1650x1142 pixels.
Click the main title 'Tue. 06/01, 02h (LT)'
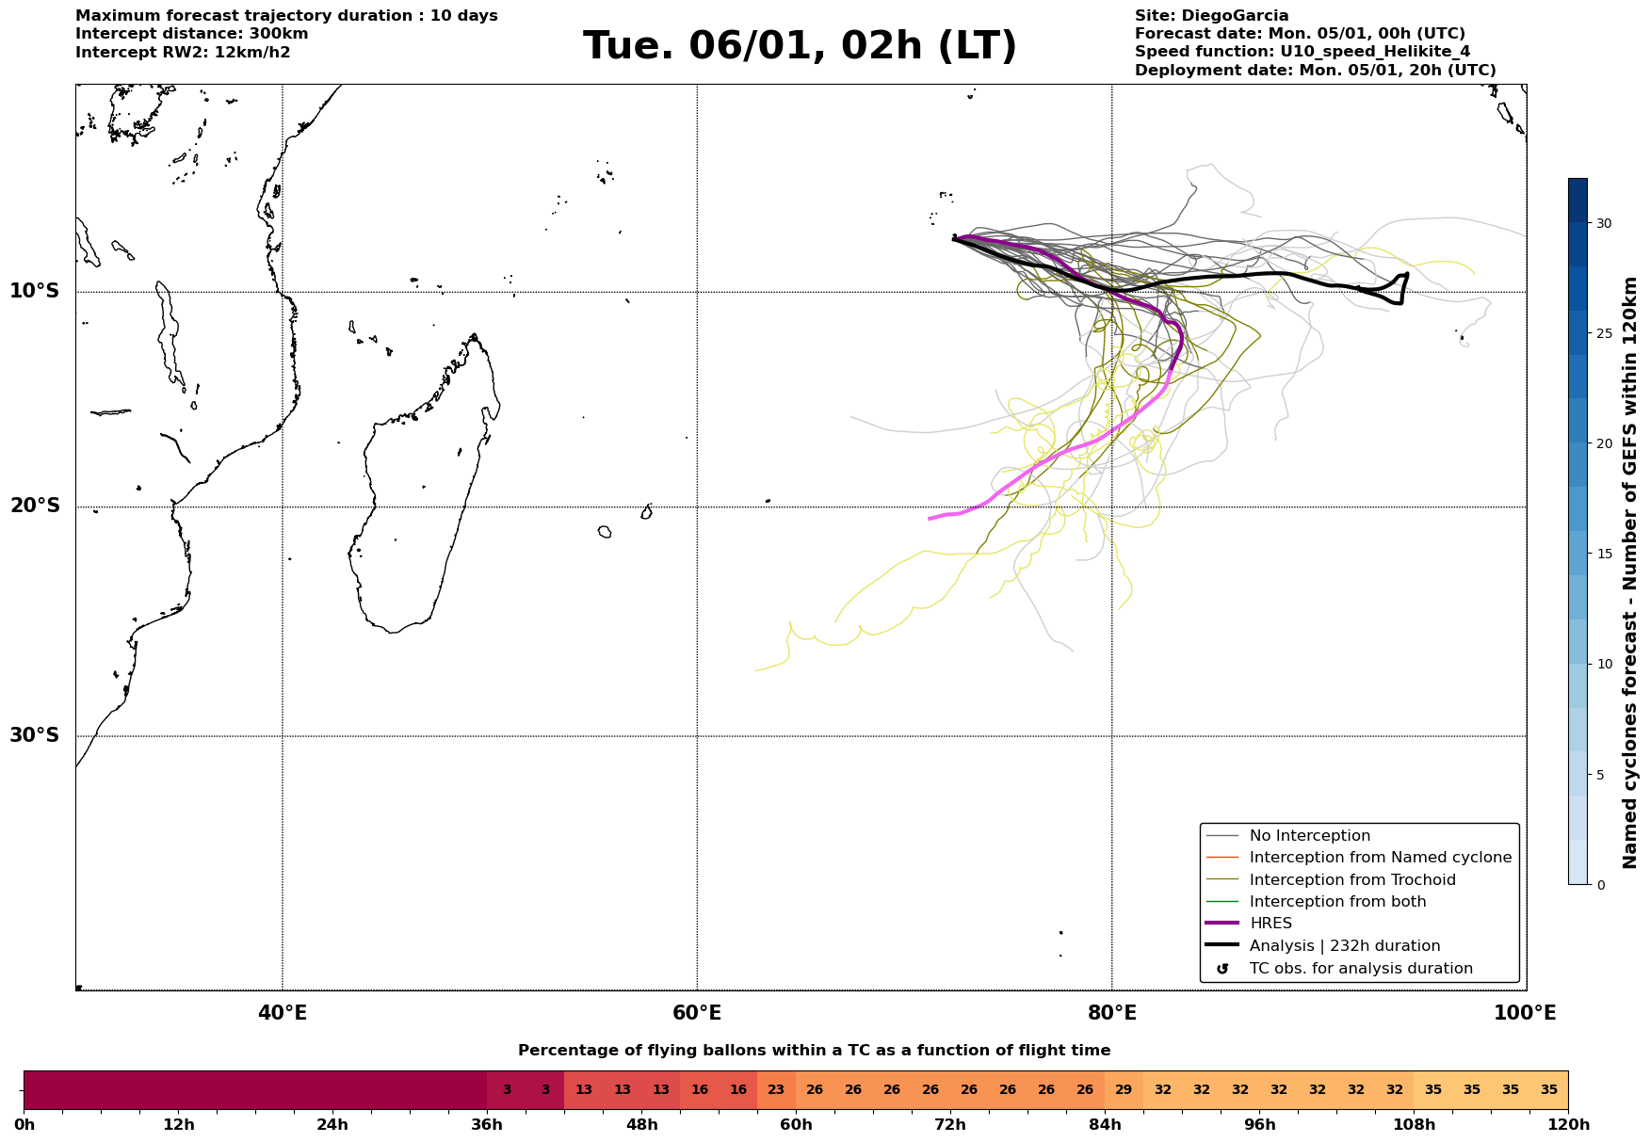(x=800, y=47)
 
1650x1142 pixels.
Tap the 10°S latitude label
(x=34, y=291)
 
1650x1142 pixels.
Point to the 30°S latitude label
(x=34, y=735)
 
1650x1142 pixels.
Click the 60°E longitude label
(x=697, y=1013)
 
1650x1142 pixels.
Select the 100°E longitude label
(x=1525, y=1013)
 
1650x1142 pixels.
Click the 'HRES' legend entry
(x=1270, y=924)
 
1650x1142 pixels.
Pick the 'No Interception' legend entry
(x=1309, y=836)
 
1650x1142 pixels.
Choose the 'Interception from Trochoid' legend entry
(x=1351, y=880)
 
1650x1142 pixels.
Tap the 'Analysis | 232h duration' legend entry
(x=1344, y=946)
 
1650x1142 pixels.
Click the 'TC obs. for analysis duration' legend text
(x=1360, y=969)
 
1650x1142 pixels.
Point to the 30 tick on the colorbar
(x=1604, y=223)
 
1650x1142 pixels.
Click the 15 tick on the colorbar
(x=1604, y=554)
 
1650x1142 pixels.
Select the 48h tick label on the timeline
(x=641, y=1124)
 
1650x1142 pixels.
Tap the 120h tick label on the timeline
(x=1567, y=1124)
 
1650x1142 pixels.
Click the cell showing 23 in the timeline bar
(x=776, y=1090)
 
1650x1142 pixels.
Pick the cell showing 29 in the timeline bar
(x=1124, y=1090)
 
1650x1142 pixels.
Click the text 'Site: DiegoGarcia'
(x=1211, y=16)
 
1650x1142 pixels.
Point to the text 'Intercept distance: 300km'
(x=191, y=34)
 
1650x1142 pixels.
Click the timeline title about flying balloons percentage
(x=814, y=1051)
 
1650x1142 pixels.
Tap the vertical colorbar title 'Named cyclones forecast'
(x=1630, y=572)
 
